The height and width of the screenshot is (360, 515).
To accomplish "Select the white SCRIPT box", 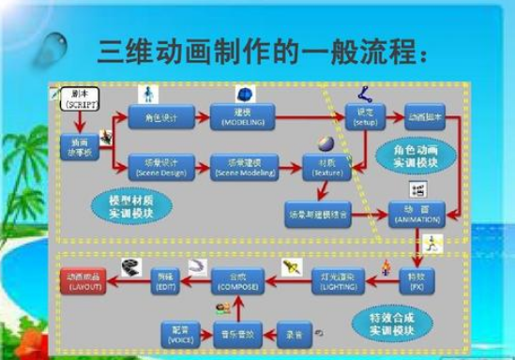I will point(77,99).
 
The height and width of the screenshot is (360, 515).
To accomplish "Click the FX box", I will point(414,278).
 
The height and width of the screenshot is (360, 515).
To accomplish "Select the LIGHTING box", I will point(338,278).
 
